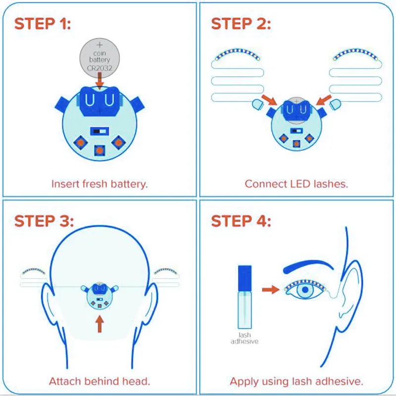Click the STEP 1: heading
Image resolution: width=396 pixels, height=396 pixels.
pyautogui.click(x=43, y=24)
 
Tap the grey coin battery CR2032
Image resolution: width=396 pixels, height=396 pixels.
pyautogui.click(x=99, y=58)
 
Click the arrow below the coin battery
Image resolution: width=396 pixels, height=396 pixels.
pyautogui.click(x=99, y=80)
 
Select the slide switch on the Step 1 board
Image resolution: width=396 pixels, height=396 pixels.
pyautogui.click(x=99, y=131)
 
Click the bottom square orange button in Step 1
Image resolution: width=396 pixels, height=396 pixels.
pyautogui.click(x=99, y=150)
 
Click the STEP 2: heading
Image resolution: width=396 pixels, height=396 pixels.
pyautogui.click(x=241, y=24)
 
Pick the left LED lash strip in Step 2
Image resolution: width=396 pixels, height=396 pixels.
pyautogui.click(x=237, y=53)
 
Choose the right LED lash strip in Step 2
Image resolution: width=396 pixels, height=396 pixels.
pyautogui.click(x=355, y=53)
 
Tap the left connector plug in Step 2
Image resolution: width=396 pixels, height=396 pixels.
pyautogui.click(x=258, y=104)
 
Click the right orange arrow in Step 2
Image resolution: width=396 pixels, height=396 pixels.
pyautogui.click(x=324, y=100)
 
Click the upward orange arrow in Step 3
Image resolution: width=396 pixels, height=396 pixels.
pyautogui.click(x=99, y=324)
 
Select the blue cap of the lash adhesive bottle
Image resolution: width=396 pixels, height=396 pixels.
pyautogui.click(x=245, y=278)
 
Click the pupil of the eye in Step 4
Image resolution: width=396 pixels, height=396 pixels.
pyautogui.click(x=305, y=290)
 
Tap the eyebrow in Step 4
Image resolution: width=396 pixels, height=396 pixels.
pyautogui.click(x=308, y=266)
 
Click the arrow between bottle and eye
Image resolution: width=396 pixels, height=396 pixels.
pyautogui.click(x=271, y=290)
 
